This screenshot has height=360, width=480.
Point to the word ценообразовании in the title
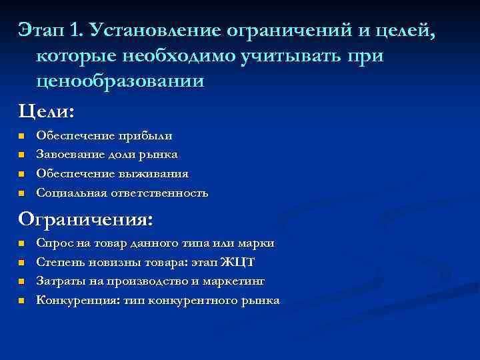[120, 81]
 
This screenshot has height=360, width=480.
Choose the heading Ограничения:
[85, 219]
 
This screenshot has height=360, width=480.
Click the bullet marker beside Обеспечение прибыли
[21, 136]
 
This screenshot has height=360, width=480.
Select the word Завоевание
[69, 155]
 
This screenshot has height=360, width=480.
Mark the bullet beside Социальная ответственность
[21, 193]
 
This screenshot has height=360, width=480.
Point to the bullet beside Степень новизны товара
[21, 263]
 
